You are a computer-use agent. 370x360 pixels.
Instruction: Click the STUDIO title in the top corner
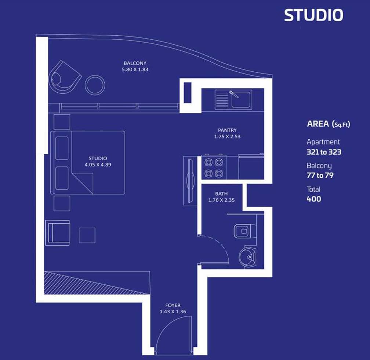pos(313,15)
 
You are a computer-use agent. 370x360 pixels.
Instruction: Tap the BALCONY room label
pos(135,63)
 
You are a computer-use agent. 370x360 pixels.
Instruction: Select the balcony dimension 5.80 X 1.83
pos(135,69)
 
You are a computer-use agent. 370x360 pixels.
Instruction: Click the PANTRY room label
pos(227,130)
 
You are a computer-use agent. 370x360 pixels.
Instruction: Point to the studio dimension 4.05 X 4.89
pos(98,165)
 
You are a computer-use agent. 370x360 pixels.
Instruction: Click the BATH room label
pos(221,194)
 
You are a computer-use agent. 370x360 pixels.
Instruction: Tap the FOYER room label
pos(173,305)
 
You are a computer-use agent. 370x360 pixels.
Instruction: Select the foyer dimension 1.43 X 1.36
pos(173,312)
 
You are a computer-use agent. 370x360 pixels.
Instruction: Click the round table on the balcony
pos(95,85)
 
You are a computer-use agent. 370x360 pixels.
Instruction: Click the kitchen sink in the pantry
pos(239,99)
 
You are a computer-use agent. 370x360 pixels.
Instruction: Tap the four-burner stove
pos(214,167)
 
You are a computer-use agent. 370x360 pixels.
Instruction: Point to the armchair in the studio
pos(57,233)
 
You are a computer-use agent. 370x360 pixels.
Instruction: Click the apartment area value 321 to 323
pos(323,152)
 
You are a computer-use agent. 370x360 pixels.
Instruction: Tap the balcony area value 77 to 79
pos(320,175)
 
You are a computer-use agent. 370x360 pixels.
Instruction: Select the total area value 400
pos(313,199)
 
